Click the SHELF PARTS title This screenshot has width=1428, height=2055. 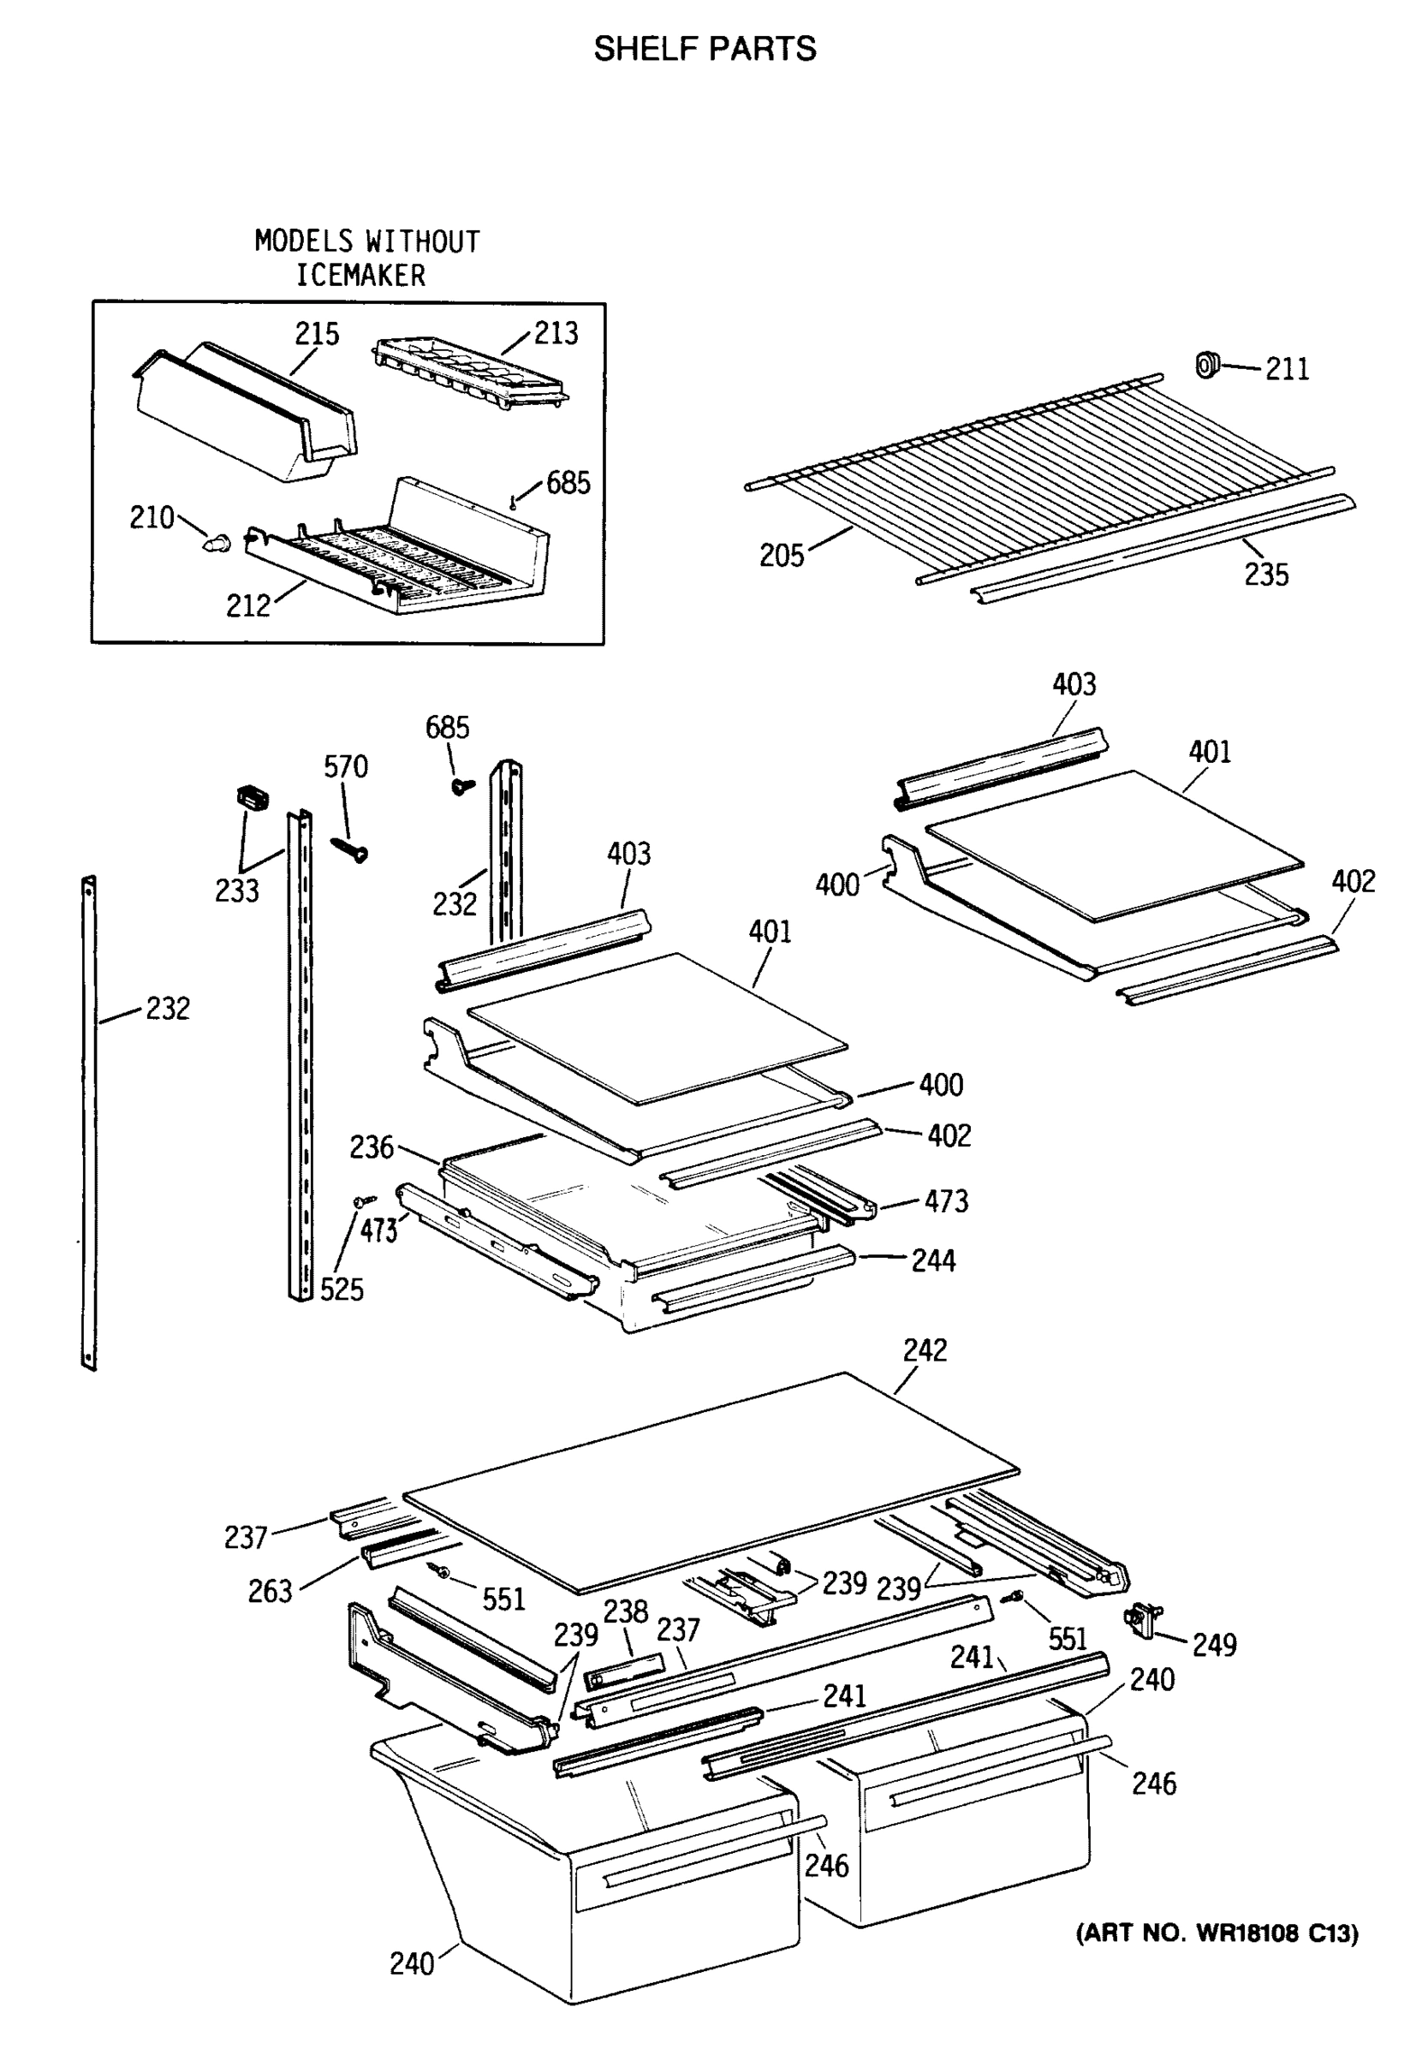click(705, 48)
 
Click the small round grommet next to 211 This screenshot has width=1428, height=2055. click(1208, 364)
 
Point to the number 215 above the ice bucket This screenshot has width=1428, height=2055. click(317, 334)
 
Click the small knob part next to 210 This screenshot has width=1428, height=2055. click(216, 542)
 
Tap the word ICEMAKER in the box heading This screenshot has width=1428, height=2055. click(360, 275)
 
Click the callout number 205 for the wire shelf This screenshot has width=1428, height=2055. click(781, 556)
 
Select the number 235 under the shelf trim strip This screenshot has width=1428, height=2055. click(1265, 575)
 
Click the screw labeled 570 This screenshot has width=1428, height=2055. click(350, 849)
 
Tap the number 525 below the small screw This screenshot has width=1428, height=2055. click(341, 1290)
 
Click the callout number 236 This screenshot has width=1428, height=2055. click(372, 1147)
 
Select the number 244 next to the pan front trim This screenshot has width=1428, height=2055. click(933, 1260)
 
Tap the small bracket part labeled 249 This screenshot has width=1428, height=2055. click(1144, 1619)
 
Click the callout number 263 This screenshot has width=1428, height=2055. click(270, 1591)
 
